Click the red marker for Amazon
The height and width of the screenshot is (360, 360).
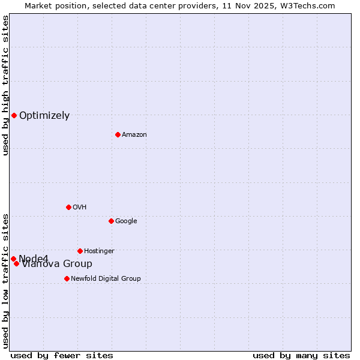pyautogui.click(x=118, y=134)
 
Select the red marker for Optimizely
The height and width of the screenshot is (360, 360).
pyautogui.click(x=14, y=115)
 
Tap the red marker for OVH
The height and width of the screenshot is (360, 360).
pyautogui.click(x=68, y=207)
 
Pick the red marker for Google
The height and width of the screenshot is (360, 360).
pyautogui.click(x=111, y=221)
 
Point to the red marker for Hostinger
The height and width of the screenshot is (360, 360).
pyautogui.click(x=80, y=251)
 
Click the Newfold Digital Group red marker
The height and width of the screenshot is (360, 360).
pyautogui.click(x=67, y=278)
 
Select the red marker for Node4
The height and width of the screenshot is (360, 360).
pyautogui.click(x=13, y=259)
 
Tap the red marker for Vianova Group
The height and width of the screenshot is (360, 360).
pyautogui.click(x=17, y=263)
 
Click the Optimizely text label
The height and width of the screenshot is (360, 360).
pyautogui.click(x=44, y=116)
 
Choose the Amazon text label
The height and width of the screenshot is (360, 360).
pyautogui.click(x=134, y=135)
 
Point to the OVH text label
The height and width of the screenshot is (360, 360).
pyautogui.click(x=80, y=208)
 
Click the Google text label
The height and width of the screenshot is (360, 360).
pyautogui.click(x=126, y=221)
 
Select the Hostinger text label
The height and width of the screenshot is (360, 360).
pyautogui.click(x=99, y=251)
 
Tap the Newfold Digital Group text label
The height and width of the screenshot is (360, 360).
pyautogui.click(x=106, y=279)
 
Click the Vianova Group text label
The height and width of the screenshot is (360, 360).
pyautogui.click(x=58, y=264)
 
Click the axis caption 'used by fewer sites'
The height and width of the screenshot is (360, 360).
pyautogui.click(x=62, y=355)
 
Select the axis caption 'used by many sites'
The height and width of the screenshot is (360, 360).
pyautogui.click(x=301, y=355)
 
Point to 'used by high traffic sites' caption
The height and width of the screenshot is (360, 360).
pyautogui.click(x=6, y=85)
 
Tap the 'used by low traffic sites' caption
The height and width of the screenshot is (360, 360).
pyautogui.click(x=6, y=280)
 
